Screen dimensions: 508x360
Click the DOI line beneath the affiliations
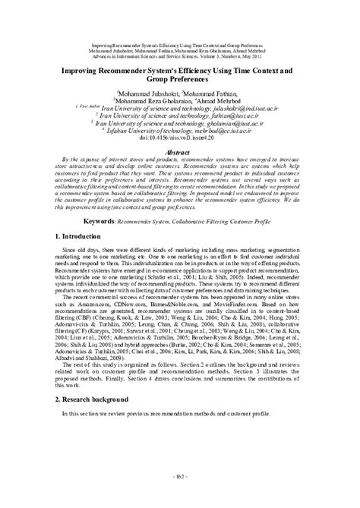[x=179, y=137]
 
